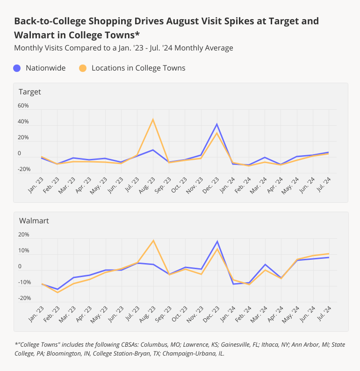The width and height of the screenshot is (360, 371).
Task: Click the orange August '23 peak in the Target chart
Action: (x=153, y=119)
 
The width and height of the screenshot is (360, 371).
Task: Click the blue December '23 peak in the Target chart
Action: (x=217, y=124)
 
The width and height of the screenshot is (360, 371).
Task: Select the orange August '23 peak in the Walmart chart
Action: (x=153, y=240)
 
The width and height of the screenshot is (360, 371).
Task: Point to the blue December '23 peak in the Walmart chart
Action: (x=217, y=241)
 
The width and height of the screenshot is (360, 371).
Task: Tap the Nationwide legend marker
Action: (x=17, y=68)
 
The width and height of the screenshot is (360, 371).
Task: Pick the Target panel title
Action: (x=30, y=92)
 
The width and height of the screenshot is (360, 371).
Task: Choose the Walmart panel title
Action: (x=34, y=221)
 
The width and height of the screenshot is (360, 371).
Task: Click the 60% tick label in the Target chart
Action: (x=23, y=106)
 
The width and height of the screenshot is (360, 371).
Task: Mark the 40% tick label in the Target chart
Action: (x=23, y=122)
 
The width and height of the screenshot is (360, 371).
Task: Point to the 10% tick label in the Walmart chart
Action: (x=23, y=251)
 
